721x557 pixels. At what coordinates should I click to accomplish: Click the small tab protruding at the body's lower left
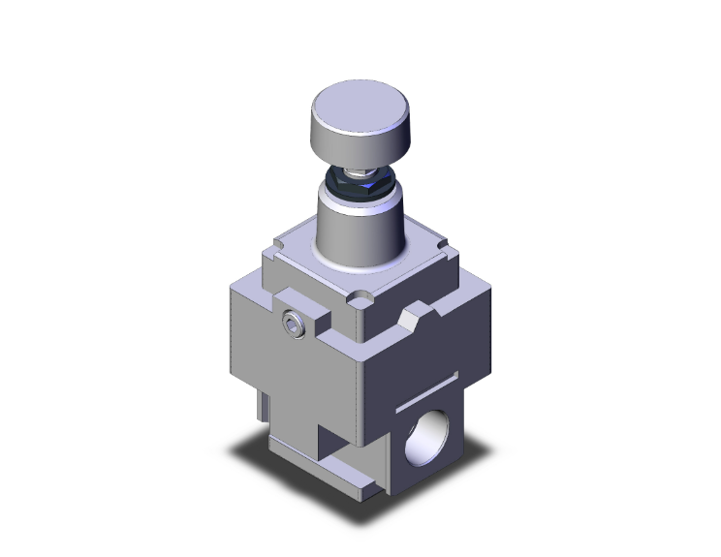tap(261, 404)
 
